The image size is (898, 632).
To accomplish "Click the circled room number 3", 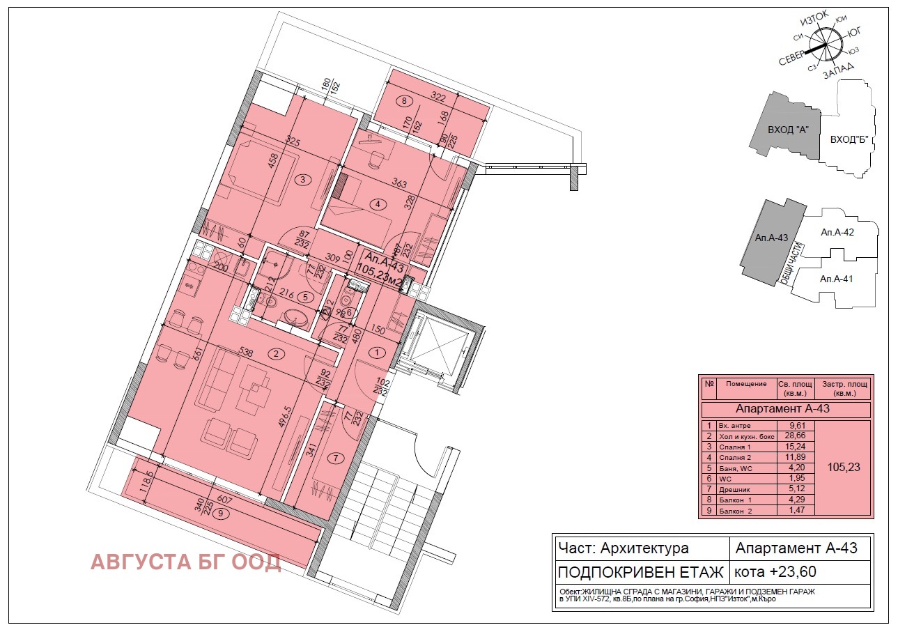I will click(x=302, y=180).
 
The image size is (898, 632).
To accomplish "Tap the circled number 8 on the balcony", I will click(x=404, y=100).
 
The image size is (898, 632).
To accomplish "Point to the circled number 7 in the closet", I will click(x=336, y=458).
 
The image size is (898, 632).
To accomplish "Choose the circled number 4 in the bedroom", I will click(x=378, y=204).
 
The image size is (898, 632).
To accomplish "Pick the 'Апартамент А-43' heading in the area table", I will click(x=785, y=410).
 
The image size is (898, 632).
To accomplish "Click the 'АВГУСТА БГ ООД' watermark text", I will click(x=185, y=562).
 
